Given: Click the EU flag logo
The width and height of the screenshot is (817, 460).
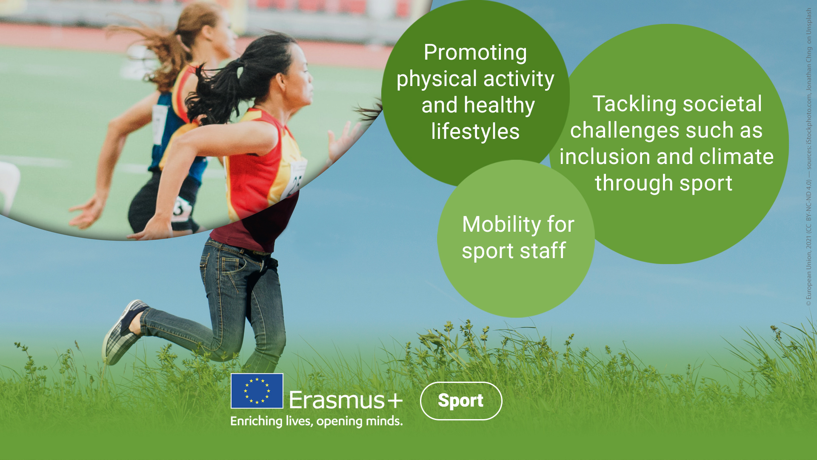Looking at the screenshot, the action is [x=257, y=391].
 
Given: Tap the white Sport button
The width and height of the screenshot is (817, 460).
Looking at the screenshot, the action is [x=461, y=401].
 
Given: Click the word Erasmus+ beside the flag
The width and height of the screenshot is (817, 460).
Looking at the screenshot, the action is [x=346, y=400].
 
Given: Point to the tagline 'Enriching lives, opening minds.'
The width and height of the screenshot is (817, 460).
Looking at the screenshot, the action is [x=316, y=421].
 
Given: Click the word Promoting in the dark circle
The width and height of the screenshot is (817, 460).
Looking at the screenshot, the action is [x=475, y=53].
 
